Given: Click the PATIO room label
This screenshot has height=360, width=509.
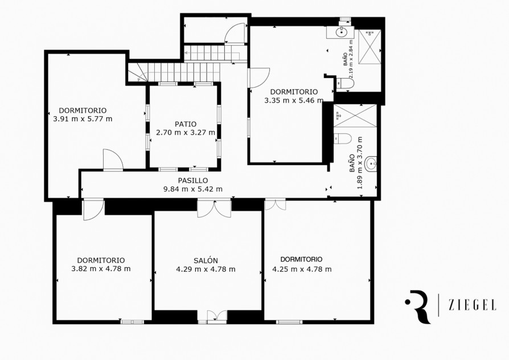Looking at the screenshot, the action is tap(186, 124).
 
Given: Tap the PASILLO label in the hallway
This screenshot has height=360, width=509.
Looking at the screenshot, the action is tap(193, 181).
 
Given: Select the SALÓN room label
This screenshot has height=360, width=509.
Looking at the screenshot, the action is tap(206, 260).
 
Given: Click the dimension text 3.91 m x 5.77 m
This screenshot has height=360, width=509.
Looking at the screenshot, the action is tap(83, 119).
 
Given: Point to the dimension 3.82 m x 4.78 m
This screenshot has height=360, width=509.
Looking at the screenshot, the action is tap(101, 269).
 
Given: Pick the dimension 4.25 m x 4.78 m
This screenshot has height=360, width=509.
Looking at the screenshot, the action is tap(302, 269).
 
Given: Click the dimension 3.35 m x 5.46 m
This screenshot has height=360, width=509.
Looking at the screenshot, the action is tap(294, 100).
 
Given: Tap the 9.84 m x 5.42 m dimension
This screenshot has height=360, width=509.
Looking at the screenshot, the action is tap(193, 189).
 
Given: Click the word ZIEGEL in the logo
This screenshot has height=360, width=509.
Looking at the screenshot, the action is tap(473, 305).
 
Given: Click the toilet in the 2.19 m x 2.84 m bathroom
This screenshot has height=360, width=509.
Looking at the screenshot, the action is tap(346, 84).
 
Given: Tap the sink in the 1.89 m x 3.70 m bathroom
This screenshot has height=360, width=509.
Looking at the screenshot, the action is tap(371, 164).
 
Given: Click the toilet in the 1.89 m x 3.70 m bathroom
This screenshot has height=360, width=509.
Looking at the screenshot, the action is tap(343, 138).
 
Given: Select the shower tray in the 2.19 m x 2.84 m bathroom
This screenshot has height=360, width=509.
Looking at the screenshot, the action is tap(370, 47).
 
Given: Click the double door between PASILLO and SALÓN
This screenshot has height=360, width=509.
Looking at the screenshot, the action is tap(215, 208).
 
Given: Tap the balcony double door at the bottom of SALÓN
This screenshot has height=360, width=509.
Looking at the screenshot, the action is tap(217, 317).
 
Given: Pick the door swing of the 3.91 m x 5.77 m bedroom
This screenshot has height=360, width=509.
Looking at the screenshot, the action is tap(113, 159).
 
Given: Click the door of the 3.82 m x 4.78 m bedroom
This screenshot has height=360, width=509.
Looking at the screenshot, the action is tap(93, 210).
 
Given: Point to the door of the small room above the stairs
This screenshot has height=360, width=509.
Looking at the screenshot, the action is tap(235, 33).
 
